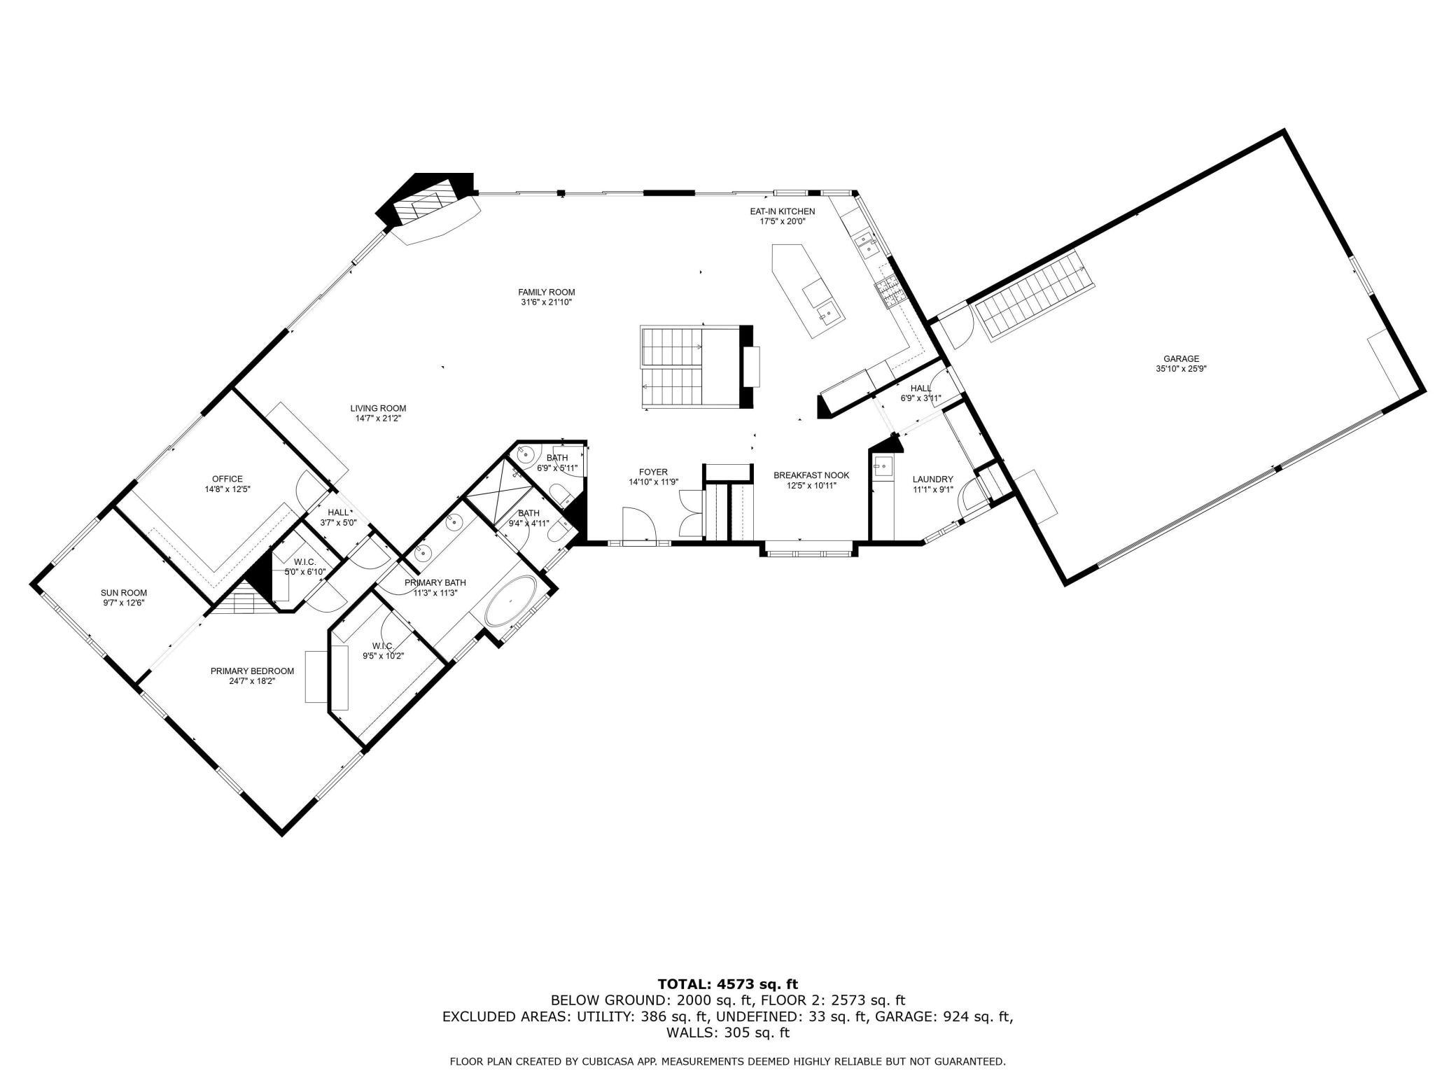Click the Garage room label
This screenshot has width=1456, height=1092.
point(1182,359)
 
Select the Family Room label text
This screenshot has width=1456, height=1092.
point(546,293)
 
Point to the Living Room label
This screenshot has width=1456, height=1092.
point(378,409)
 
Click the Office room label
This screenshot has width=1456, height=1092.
point(223,479)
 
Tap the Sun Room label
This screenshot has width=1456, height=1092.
point(124,593)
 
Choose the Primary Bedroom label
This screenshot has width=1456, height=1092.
point(252,671)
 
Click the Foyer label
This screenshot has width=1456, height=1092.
point(653,472)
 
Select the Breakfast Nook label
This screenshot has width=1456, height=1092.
point(811,475)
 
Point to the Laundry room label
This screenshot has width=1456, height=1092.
point(932,479)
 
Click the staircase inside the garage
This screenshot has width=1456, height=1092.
point(1033,296)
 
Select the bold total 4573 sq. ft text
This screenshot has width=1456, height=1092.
point(728,984)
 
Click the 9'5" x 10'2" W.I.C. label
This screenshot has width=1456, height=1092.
point(383,651)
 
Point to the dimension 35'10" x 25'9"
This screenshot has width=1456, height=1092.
point(1182,369)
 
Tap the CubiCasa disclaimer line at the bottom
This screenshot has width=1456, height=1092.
point(727,1062)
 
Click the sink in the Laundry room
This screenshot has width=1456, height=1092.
point(883,465)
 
